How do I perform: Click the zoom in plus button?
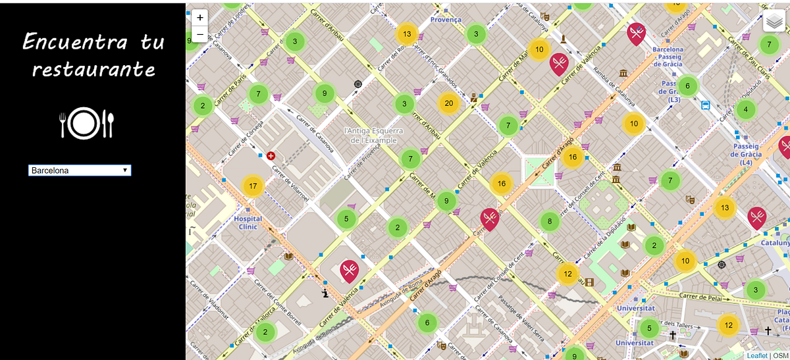pos(200,18)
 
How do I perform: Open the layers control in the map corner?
pos(774,21)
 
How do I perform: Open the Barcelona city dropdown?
pos(80,170)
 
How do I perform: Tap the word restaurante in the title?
pos(93,69)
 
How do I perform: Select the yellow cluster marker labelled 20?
pos(449,103)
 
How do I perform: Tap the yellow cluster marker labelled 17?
pos(253,186)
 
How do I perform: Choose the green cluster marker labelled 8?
pos(550,222)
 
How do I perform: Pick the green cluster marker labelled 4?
pos(745,109)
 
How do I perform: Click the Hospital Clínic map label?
pos(248,222)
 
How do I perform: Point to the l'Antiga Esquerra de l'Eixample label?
pos(374,136)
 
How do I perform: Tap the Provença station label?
pos(446,20)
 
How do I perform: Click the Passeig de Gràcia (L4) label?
pos(746,154)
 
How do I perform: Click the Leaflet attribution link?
pos(757,355)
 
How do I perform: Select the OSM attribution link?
pos(780,355)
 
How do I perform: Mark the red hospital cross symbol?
pos(271,157)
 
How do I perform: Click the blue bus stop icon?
pos(706,105)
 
